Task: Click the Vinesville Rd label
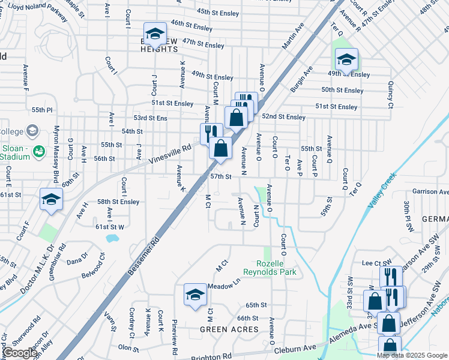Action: [170, 154]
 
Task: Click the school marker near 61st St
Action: [51, 199]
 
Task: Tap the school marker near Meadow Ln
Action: [194, 294]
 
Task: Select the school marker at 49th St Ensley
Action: [346, 59]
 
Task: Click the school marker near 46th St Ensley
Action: [155, 34]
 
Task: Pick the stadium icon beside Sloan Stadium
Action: [39, 150]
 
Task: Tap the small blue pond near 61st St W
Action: [111, 238]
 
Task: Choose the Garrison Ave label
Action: [430, 192]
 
